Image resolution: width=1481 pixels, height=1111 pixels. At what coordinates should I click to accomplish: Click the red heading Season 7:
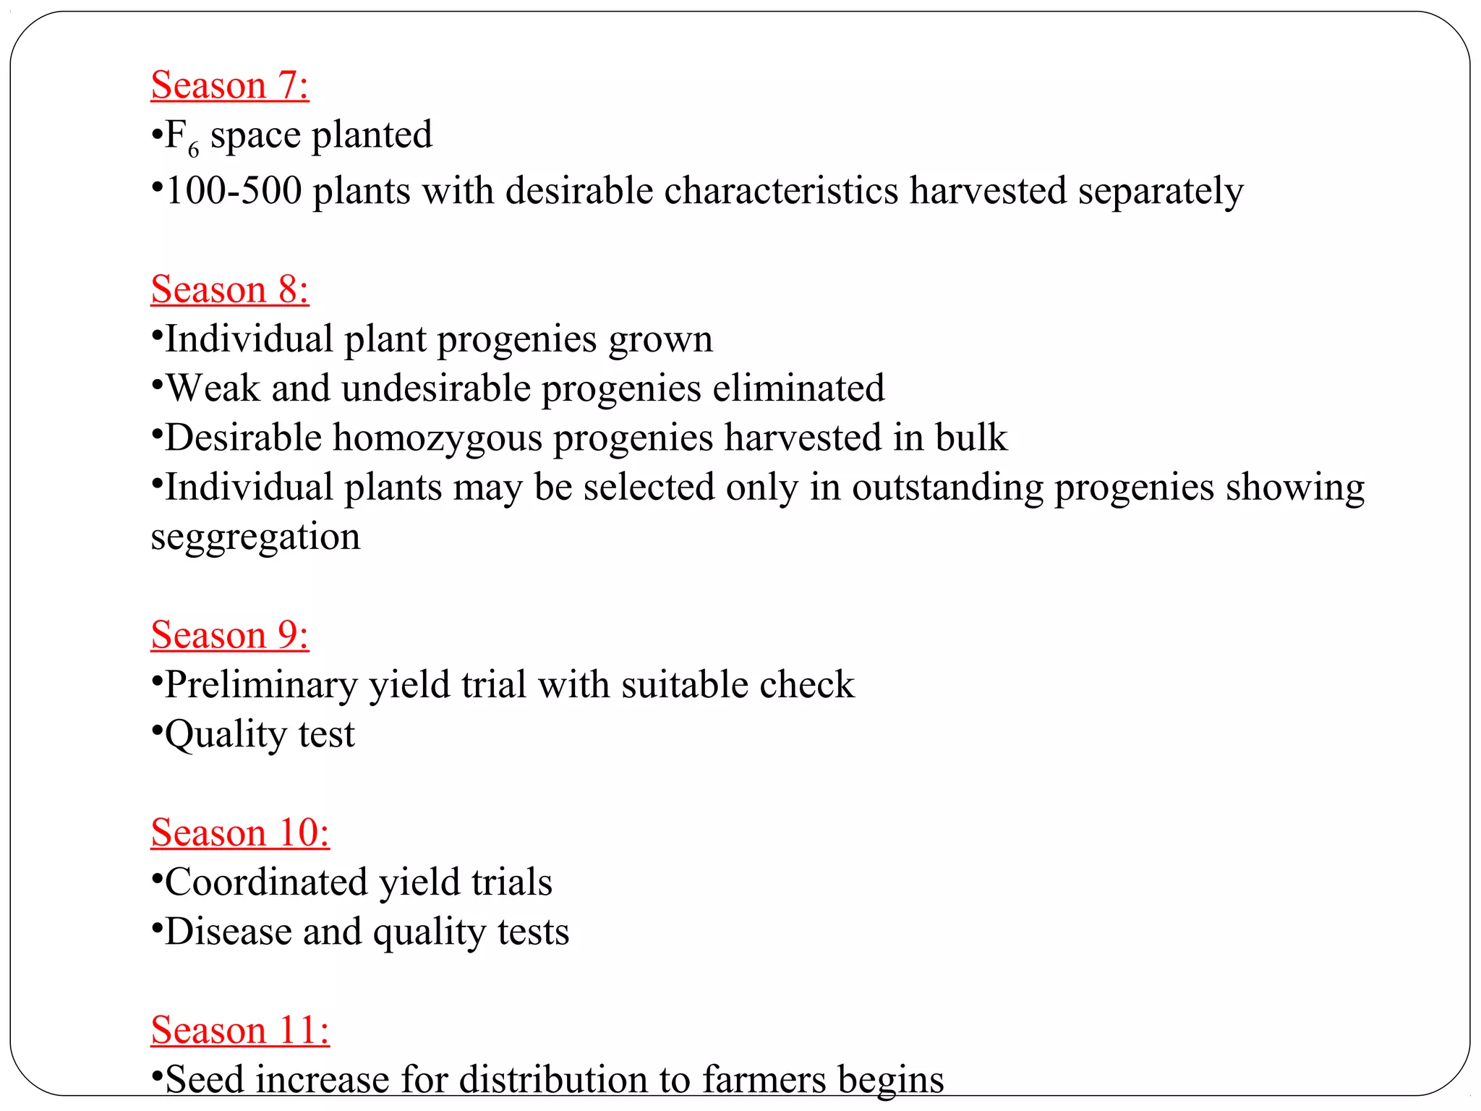[230, 85]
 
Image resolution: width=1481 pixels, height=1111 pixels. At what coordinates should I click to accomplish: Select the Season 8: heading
[230, 289]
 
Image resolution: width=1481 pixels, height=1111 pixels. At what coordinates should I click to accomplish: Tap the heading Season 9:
[230, 635]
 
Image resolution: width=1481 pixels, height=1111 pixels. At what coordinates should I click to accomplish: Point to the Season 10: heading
[240, 833]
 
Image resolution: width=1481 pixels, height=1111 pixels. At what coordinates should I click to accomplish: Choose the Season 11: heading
[240, 1030]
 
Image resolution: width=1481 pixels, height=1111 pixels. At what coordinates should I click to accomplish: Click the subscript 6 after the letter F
[193, 149]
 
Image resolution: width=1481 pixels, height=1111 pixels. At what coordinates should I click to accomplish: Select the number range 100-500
[234, 191]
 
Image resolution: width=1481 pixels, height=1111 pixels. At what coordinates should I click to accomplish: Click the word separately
[1160, 191]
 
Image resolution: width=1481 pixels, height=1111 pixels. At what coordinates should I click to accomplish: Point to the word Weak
[213, 388]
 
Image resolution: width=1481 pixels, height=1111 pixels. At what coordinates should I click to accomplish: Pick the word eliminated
[798, 388]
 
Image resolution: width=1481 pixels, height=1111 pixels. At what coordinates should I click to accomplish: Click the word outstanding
[947, 488]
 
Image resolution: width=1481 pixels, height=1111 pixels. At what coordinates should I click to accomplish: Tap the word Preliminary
[261, 685]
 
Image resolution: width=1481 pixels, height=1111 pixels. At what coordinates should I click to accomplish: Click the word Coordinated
[267, 882]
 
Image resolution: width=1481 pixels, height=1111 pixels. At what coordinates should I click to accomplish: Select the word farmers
[764, 1080]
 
